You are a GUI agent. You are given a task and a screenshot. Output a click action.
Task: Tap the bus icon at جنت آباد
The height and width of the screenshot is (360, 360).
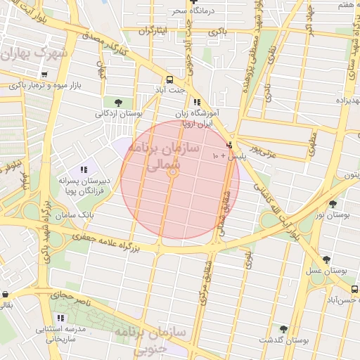(x=169, y=79)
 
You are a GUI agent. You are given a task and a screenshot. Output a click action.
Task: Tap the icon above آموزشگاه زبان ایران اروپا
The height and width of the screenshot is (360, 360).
(x=198, y=102)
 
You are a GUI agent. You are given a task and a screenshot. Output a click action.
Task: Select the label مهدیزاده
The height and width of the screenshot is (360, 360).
(x=345, y=99)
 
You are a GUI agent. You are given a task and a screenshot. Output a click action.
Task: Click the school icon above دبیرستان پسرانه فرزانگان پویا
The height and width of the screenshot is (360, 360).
(x=84, y=169)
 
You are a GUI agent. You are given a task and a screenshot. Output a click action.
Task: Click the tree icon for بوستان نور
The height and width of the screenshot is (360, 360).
(x=333, y=204)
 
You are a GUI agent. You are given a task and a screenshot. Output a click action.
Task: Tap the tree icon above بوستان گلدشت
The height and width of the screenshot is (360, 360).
(x=284, y=329)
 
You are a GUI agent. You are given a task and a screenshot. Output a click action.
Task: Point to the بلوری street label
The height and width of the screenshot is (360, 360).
(x=247, y=259)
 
